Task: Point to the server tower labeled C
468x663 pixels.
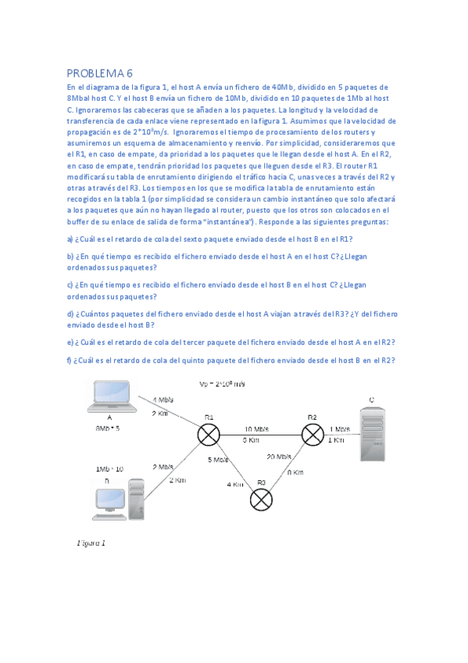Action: tap(371, 434)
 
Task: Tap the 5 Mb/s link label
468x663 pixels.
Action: tap(219, 460)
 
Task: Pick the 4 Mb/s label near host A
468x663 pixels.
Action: tap(163, 400)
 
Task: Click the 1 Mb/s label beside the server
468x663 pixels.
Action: tap(340, 429)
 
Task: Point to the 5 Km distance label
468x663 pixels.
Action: tap(250, 440)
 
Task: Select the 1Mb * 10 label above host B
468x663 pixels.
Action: tap(109, 468)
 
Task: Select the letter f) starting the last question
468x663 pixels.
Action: tap(70, 360)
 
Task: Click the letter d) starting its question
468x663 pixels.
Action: tap(70, 314)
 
